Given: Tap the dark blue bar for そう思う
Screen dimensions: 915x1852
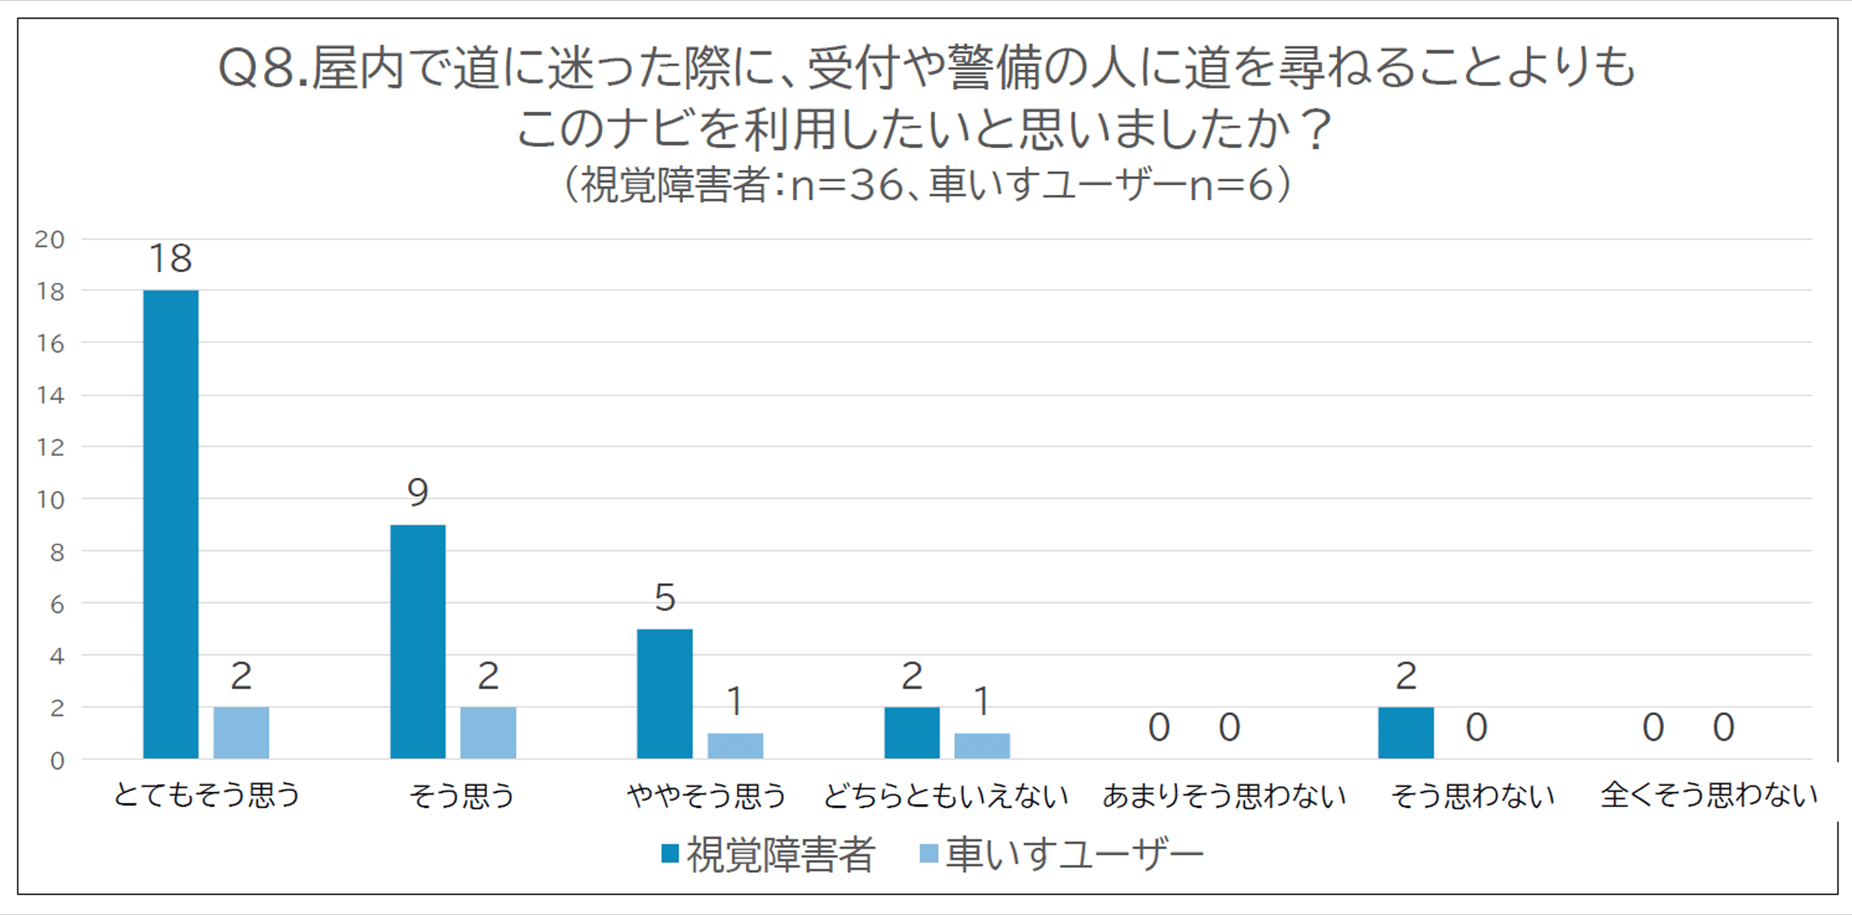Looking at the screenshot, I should pos(418,641).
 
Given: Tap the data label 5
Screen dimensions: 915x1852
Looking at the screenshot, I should pos(665,597).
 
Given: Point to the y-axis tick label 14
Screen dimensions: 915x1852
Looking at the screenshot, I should pos(50,395).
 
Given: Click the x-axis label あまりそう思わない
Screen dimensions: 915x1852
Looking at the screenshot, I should pos(1224,795).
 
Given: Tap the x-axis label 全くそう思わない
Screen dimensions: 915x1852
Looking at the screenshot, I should pos(1709,795).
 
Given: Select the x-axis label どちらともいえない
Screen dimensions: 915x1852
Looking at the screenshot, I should pos(945,795).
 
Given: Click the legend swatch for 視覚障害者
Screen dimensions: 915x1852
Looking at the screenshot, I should pos(670,853).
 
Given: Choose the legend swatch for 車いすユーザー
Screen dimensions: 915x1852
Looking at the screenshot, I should pos(929,853).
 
